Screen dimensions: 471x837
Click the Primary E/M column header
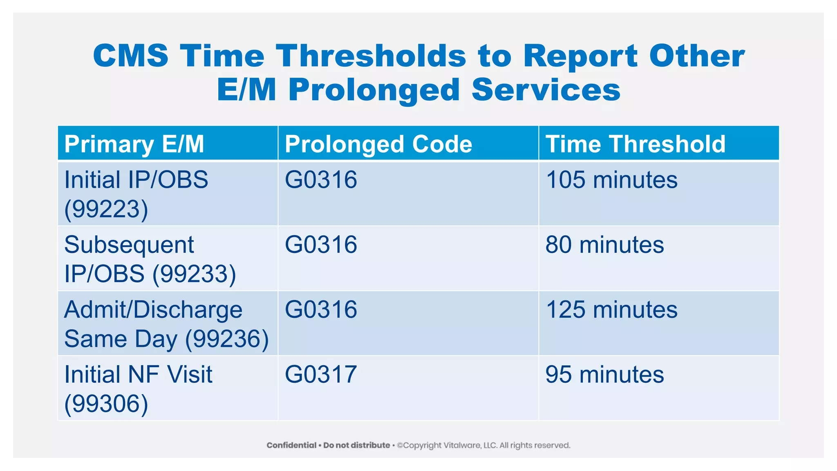pos(134,144)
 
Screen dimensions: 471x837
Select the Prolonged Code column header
pos(378,144)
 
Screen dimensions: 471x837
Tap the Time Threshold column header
pos(635,144)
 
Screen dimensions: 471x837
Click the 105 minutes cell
pos(611,180)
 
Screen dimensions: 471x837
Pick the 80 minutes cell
pos(604,244)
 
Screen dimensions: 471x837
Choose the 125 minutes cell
pos(611,310)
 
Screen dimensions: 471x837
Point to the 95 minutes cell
pos(604,375)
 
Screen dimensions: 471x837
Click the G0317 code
pos(321,375)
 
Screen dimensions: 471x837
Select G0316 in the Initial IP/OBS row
pos(321,180)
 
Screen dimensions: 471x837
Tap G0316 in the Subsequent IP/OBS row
pos(321,244)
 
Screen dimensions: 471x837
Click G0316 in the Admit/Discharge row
pos(321,310)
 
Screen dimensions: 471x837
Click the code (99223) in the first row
pos(106,209)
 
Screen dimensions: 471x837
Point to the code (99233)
pos(194,274)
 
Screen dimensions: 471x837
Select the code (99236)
pos(227,339)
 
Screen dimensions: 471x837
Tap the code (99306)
pos(106,404)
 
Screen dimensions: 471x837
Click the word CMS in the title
pos(130,56)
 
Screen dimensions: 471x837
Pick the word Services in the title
pos(546,90)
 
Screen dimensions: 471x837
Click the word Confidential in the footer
pos(291,445)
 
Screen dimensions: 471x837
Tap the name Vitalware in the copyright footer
pos(464,445)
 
